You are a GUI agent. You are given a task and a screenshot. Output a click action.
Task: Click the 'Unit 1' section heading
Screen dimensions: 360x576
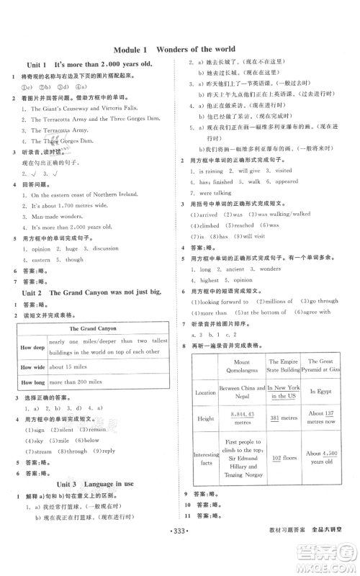coord(91,65)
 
